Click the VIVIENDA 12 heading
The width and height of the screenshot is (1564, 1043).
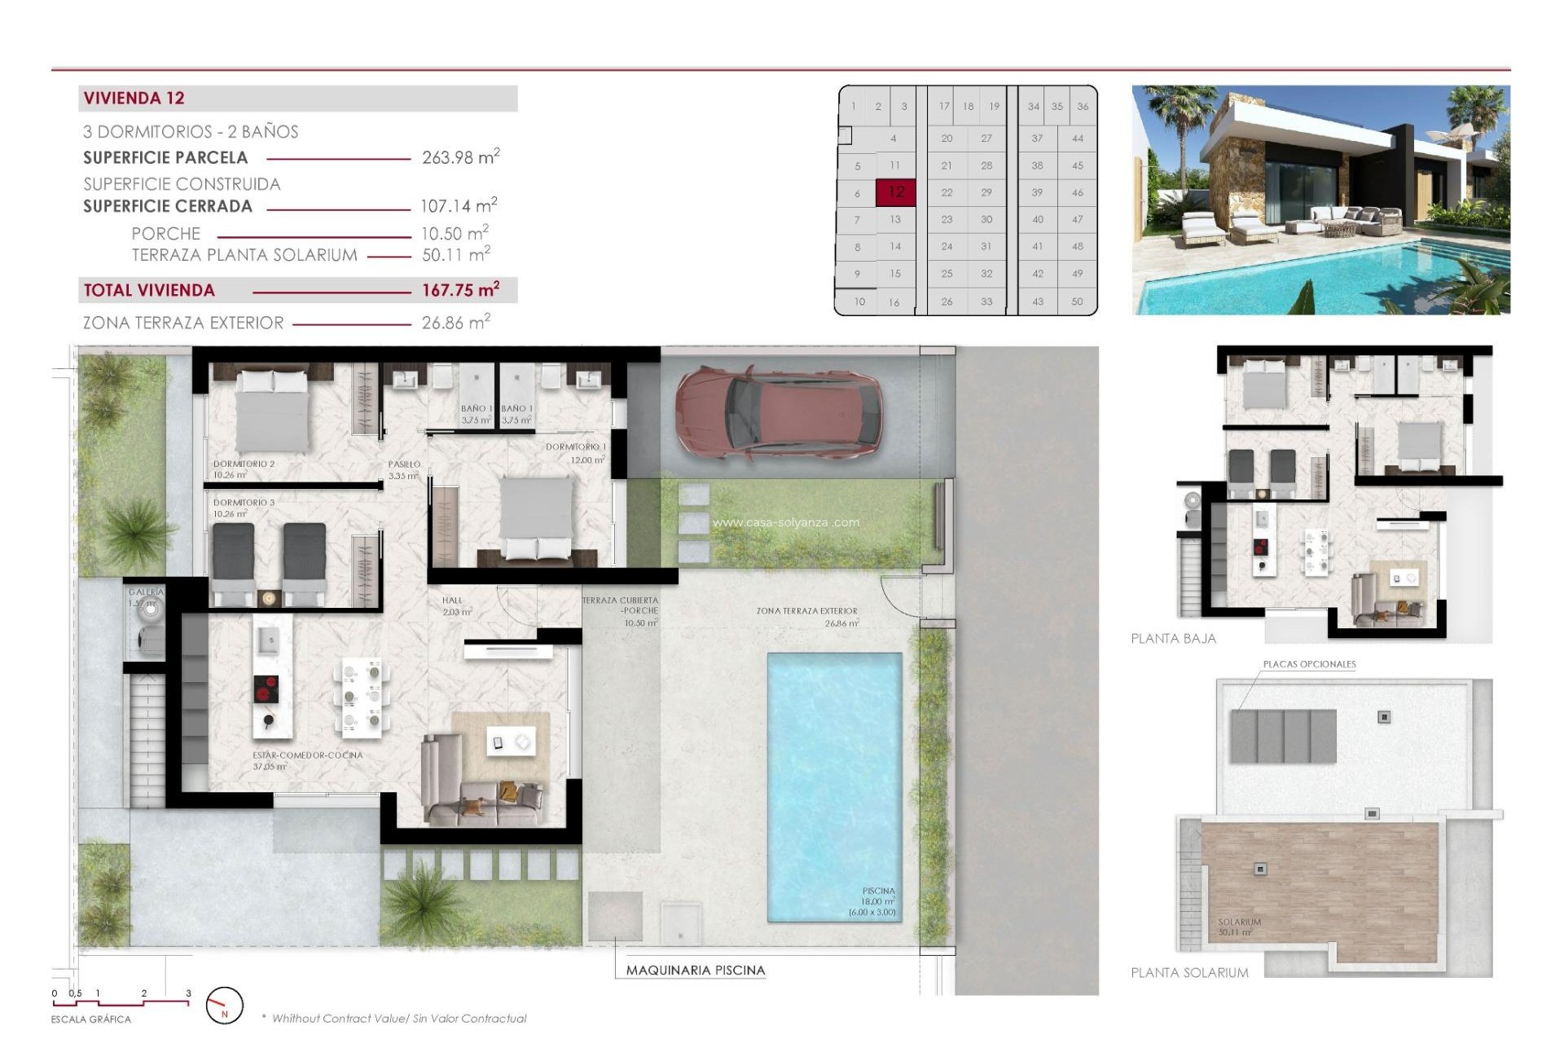(134, 99)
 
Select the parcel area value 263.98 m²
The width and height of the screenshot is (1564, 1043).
(460, 157)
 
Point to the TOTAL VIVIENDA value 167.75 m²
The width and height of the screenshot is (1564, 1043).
(460, 290)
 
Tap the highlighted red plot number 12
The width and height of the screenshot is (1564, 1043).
(896, 192)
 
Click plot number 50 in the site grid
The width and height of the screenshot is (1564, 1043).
(1077, 301)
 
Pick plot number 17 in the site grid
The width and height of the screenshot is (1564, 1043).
(944, 107)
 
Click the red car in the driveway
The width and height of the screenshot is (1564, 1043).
(778, 412)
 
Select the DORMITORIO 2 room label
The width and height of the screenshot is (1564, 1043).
(244, 464)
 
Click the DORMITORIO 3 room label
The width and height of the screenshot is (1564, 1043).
(244, 503)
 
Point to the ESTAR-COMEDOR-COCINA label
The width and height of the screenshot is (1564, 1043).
(307, 755)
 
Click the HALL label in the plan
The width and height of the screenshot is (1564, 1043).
(452, 601)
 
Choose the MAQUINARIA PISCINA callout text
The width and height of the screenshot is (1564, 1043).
(695, 970)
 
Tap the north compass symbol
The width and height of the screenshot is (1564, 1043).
(224, 1006)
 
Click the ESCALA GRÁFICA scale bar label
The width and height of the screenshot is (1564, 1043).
(90, 1019)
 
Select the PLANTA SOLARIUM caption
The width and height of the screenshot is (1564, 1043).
(1189, 973)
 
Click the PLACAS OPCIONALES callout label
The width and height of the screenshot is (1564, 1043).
(1309, 664)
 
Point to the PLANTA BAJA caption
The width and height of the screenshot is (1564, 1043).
(1173, 639)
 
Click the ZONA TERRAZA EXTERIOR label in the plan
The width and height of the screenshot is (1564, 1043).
(806, 610)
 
